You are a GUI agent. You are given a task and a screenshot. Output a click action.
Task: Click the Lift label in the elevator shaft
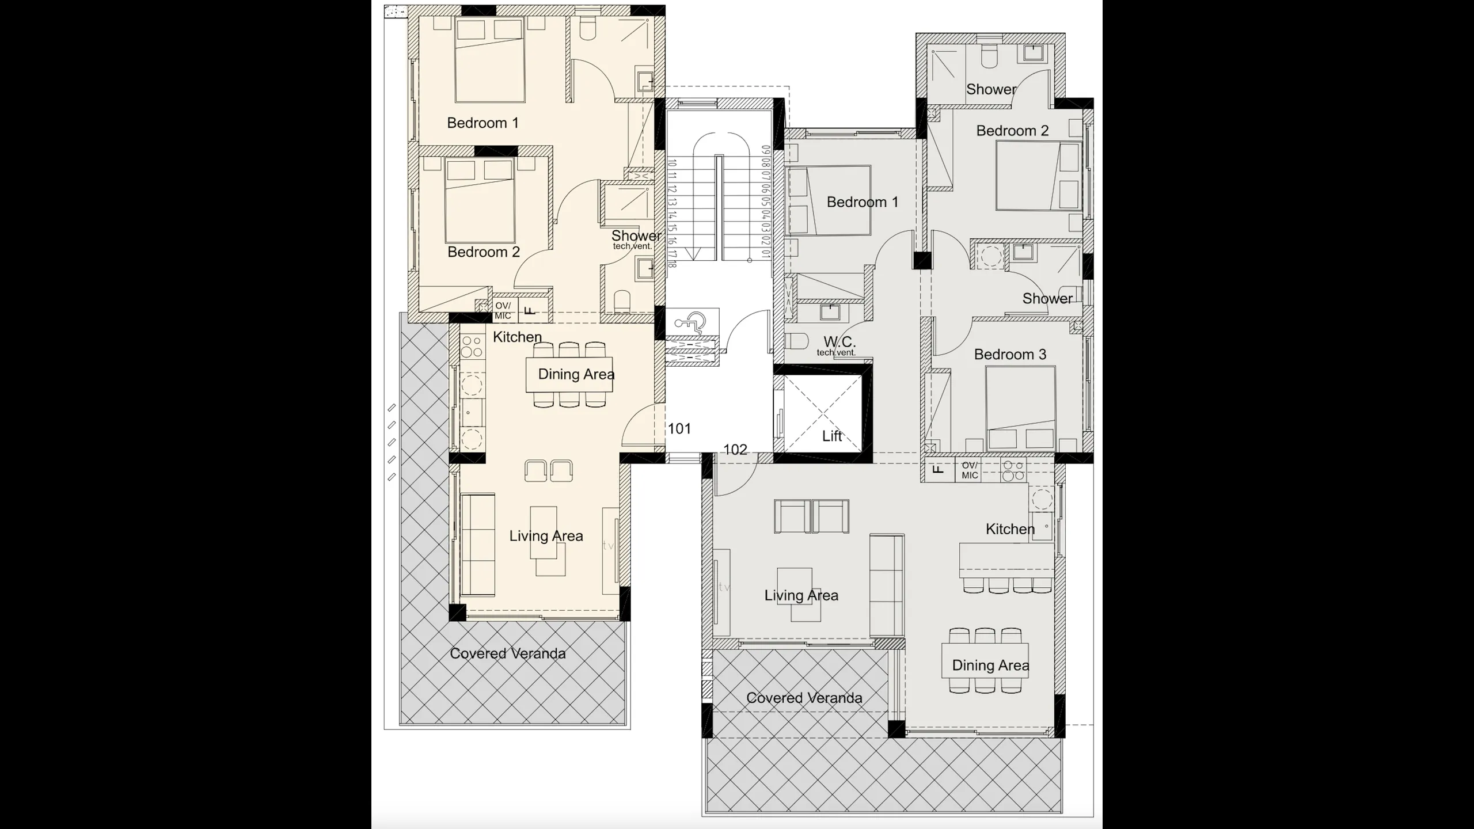(x=832, y=436)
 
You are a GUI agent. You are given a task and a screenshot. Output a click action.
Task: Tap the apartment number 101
(x=679, y=428)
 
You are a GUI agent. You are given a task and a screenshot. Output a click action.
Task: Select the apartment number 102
(x=735, y=449)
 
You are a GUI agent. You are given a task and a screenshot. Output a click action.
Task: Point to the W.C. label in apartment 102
(x=839, y=342)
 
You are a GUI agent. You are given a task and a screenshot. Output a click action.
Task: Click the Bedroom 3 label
(x=1010, y=354)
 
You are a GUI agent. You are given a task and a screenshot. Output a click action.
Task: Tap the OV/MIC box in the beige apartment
(x=503, y=311)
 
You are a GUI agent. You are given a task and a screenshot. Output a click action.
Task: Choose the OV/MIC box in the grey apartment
(x=970, y=470)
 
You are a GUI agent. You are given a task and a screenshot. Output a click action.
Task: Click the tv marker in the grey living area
(x=724, y=587)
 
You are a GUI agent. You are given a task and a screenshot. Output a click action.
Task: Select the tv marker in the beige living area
(x=608, y=545)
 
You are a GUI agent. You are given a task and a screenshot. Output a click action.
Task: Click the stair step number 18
(x=672, y=264)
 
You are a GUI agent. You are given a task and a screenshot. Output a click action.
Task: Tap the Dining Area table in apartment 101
(x=569, y=375)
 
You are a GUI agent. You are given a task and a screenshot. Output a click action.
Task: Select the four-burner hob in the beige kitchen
(x=472, y=347)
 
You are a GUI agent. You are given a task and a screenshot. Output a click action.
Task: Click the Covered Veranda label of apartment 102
(x=804, y=698)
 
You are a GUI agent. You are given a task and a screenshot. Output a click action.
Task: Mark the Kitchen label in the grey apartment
(x=1010, y=529)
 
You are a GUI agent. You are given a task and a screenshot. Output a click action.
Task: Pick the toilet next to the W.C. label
(x=797, y=341)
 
